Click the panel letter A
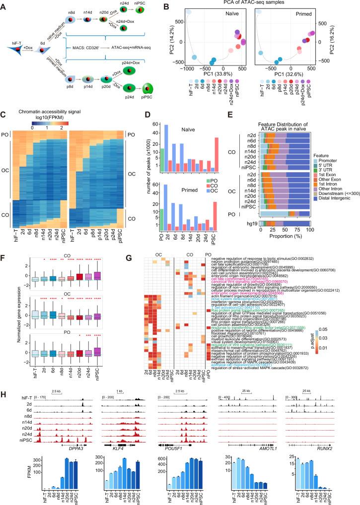(x=4, y=5)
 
